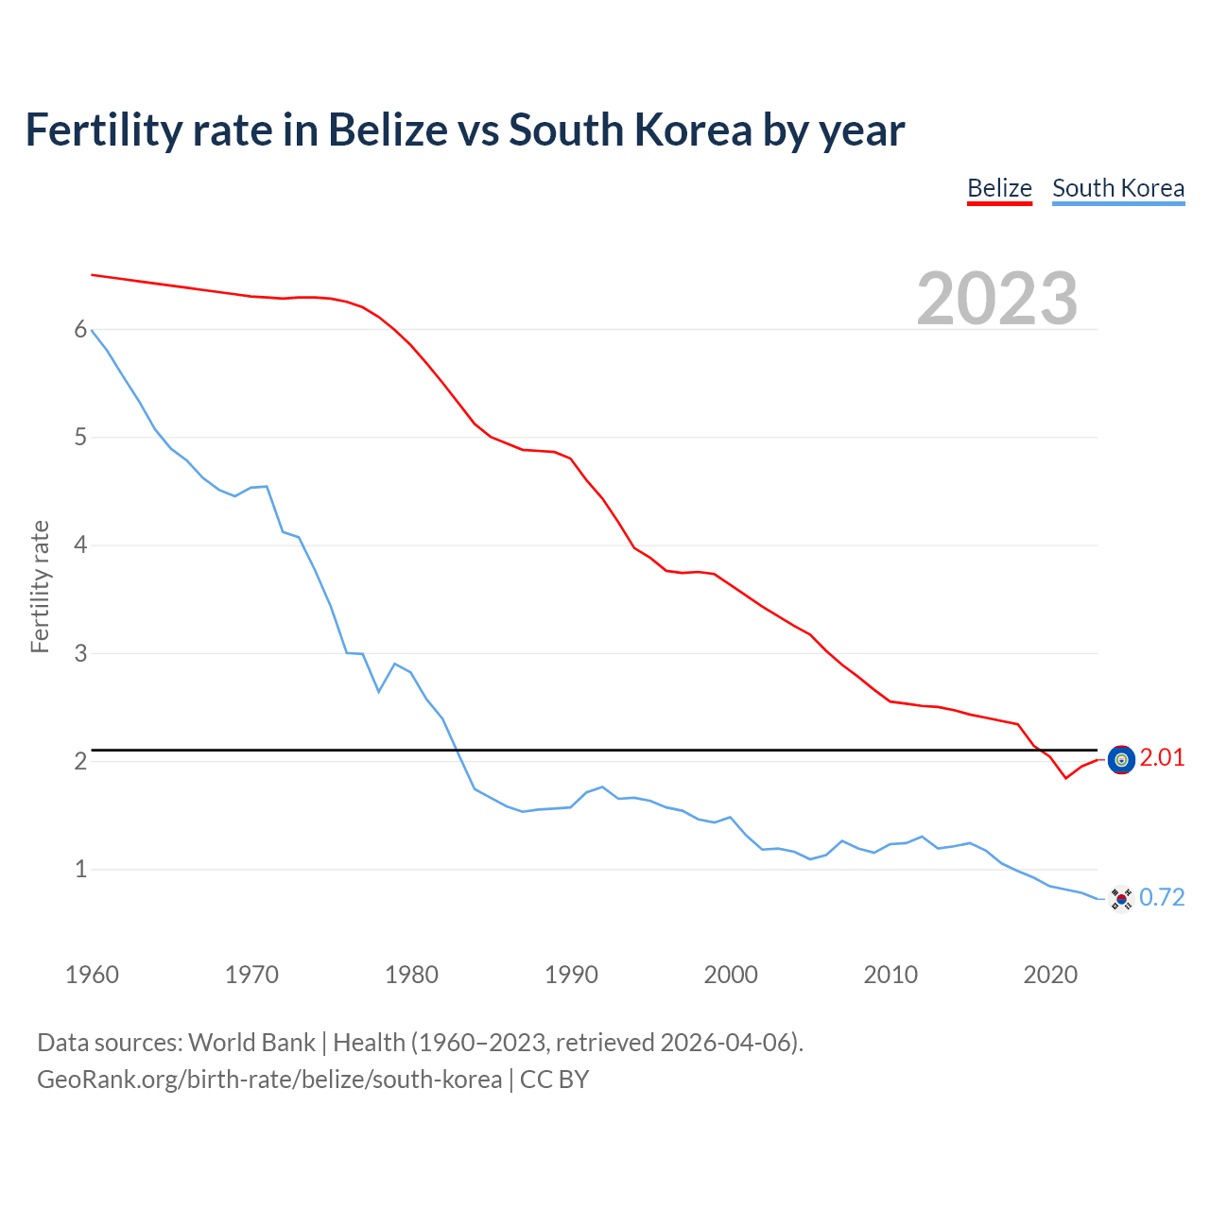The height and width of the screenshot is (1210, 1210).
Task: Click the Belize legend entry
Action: click(x=999, y=188)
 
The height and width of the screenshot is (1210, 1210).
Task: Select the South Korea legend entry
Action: click(x=1118, y=188)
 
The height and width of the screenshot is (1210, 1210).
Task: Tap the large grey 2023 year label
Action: click(x=997, y=299)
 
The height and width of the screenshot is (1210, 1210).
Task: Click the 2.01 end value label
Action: click(x=1162, y=758)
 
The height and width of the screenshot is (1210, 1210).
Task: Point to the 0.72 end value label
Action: click(x=1162, y=898)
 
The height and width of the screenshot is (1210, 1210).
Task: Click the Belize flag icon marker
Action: click(x=1121, y=759)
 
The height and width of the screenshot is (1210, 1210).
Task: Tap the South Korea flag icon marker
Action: click(x=1121, y=899)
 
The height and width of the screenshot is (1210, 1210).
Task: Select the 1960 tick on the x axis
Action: click(x=92, y=975)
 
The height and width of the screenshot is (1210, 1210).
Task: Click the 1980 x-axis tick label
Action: click(x=411, y=975)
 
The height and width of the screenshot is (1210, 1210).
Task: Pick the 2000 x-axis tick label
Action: click(x=731, y=975)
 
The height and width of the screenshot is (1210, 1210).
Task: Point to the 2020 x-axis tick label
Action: click(x=1050, y=975)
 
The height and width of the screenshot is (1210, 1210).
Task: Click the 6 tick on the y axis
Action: click(x=80, y=330)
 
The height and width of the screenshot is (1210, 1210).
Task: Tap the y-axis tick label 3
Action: click(x=80, y=653)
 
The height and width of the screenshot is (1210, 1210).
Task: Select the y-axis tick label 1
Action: click(x=80, y=869)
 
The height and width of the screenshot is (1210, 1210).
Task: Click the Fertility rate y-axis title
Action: click(x=40, y=586)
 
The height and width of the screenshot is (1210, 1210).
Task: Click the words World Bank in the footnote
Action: click(x=251, y=1043)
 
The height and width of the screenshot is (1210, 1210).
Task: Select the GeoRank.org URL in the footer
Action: click(x=269, y=1080)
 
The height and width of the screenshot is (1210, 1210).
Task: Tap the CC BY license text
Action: click(x=555, y=1080)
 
